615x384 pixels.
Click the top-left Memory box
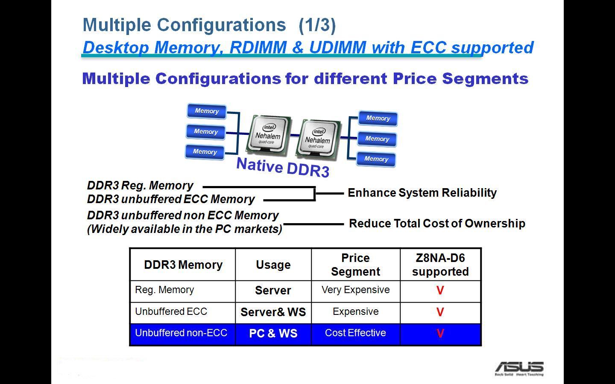tap(207, 111)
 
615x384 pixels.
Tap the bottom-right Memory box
tap(376, 159)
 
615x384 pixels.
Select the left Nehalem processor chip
tap(268, 134)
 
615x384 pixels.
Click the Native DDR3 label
tap(283, 167)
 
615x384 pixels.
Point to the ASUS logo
tap(519, 368)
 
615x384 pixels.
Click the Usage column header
tap(273, 265)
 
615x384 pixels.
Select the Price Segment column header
tap(355, 265)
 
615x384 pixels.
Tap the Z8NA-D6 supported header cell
tap(440, 265)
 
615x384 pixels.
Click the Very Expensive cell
tap(355, 290)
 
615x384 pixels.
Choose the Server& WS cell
tap(273, 312)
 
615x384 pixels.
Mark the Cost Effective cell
tap(355, 333)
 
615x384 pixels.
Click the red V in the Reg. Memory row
tap(440, 290)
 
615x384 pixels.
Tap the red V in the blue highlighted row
tap(440, 333)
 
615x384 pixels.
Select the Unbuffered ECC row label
tap(171, 311)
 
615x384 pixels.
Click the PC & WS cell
tap(273, 333)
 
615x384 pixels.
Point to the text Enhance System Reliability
tap(422, 192)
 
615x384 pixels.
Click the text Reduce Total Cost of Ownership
tap(437, 223)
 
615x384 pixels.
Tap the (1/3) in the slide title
tap(317, 25)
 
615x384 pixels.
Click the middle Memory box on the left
tap(206, 132)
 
